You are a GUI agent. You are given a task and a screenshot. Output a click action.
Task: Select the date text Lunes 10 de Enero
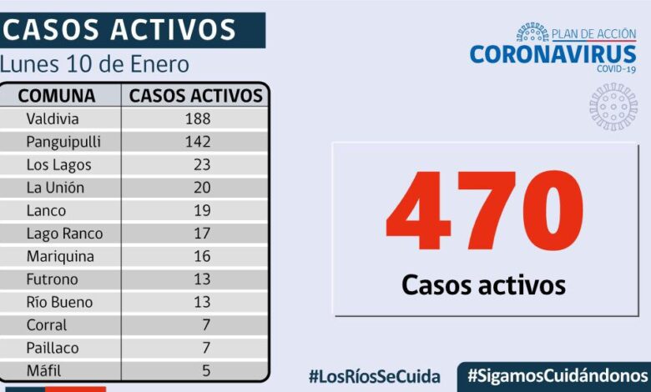coord(95,64)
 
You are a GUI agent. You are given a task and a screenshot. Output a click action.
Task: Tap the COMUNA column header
coord(57,95)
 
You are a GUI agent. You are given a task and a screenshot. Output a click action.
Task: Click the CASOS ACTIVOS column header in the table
coord(196,95)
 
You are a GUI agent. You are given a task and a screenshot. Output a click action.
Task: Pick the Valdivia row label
coord(53,118)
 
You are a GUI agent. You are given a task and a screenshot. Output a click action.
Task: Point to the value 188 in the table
coord(198,118)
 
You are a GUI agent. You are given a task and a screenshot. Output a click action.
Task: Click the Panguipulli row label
coord(63,141)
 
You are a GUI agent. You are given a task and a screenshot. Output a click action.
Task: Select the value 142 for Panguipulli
coord(198,141)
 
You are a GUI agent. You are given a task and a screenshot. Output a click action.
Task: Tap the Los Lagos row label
coord(58,164)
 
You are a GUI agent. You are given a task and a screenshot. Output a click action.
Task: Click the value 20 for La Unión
coord(202,188)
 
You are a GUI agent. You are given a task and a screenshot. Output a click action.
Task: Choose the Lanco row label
coord(46,210)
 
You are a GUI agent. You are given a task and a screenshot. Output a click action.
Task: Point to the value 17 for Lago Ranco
coord(202,234)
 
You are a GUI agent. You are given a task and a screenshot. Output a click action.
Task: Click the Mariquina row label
coord(60,256)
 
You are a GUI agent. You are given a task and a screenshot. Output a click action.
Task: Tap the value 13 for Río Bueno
coord(202,302)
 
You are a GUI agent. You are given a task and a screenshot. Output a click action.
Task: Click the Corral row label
coord(47,325)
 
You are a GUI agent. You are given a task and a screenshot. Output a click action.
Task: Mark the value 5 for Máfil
coord(205,370)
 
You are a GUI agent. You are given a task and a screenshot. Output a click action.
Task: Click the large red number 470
coord(484,213)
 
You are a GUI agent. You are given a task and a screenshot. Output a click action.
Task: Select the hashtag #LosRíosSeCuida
coord(374,376)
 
